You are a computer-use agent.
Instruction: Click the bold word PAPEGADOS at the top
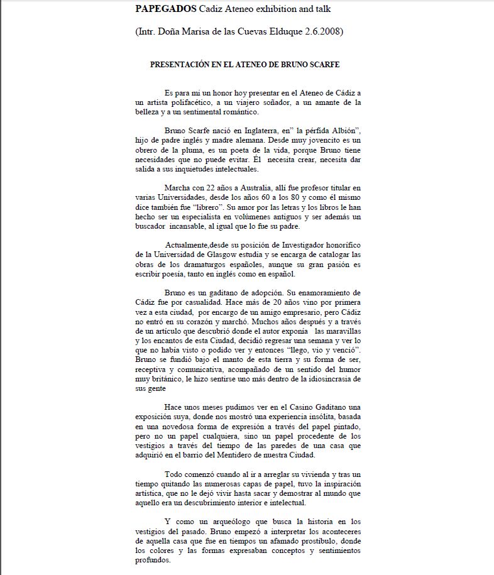(165, 9)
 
